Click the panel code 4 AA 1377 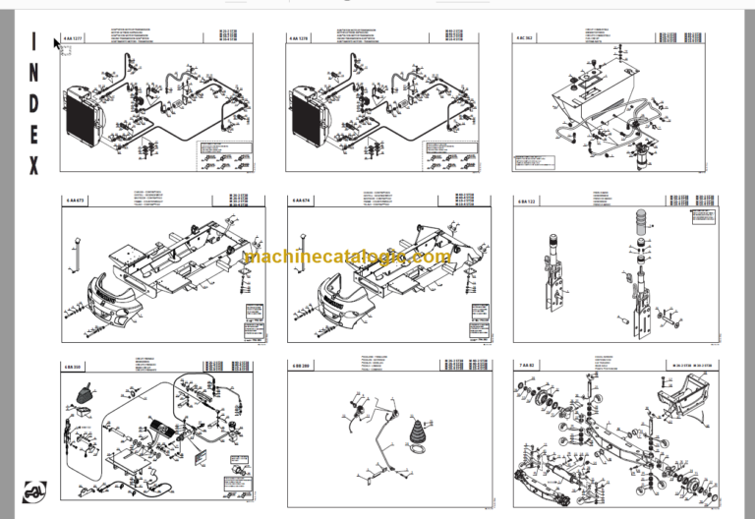[74, 38]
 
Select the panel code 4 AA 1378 [301, 38]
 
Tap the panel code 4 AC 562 [527, 38]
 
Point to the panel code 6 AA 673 [75, 201]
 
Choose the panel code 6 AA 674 [302, 201]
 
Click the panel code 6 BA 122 [528, 201]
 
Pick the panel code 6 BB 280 [302, 365]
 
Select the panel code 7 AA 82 [527, 365]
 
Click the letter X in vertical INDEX [33, 166]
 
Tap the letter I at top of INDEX [33, 42]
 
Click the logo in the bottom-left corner [34, 491]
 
